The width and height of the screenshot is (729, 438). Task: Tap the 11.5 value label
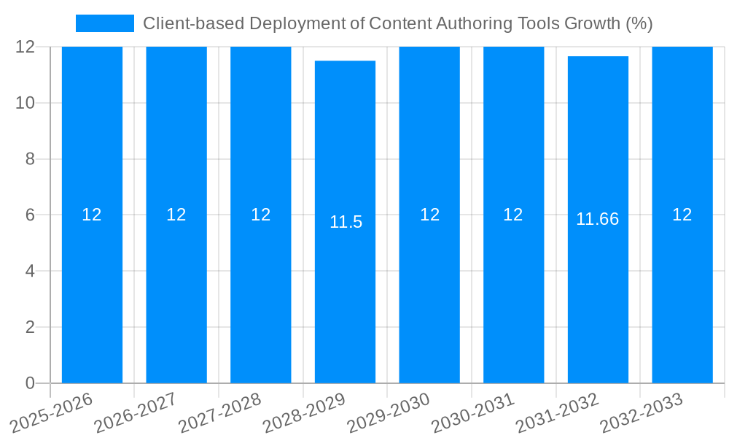coord(346,222)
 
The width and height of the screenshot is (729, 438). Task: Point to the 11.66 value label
coord(597,219)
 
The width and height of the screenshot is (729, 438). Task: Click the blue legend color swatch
coord(105,23)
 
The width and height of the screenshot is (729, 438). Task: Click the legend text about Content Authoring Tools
coord(397,23)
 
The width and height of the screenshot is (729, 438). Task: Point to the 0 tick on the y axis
coord(30,383)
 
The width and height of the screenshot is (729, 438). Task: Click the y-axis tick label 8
coord(30,159)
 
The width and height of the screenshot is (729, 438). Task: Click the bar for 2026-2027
coord(176,292)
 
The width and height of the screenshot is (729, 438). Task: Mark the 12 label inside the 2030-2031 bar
coord(513,215)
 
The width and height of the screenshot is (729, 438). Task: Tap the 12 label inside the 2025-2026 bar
coord(92,215)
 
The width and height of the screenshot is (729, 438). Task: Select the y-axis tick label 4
coord(30,271)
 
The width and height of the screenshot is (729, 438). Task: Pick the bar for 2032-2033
coord(682,292)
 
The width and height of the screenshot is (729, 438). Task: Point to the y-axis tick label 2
coord(30,327)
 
